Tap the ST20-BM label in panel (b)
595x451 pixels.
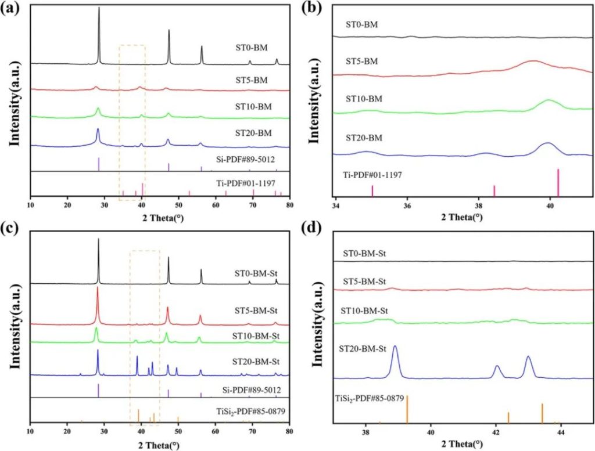[x=362, y=138]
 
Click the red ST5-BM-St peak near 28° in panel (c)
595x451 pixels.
[x=98, y=288]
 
